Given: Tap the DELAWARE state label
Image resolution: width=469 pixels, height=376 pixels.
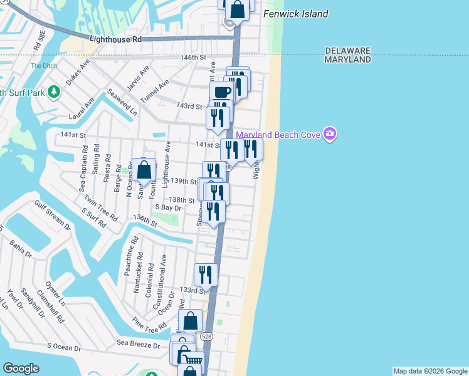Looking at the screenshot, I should (x=348, y=50).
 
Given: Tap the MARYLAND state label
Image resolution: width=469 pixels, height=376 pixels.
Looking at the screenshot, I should (x=348, y=60).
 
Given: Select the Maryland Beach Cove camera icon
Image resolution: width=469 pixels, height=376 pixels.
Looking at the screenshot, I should (x=330, y=133).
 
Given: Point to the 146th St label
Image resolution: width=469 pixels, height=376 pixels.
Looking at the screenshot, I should (x=193, y=58).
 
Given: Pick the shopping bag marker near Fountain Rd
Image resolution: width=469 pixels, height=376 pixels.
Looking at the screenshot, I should (x=144, y=170).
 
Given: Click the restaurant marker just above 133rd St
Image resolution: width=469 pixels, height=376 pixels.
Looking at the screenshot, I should (x=206, y=274).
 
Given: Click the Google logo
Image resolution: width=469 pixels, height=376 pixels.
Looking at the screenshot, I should (x=21, y=368).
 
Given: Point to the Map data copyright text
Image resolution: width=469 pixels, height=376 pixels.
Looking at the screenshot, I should (x=429, y=371).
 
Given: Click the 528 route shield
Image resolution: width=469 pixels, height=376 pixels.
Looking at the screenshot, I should (x=206, y=337).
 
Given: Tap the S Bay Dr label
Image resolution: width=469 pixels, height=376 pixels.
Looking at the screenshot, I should (x=167, y=207).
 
